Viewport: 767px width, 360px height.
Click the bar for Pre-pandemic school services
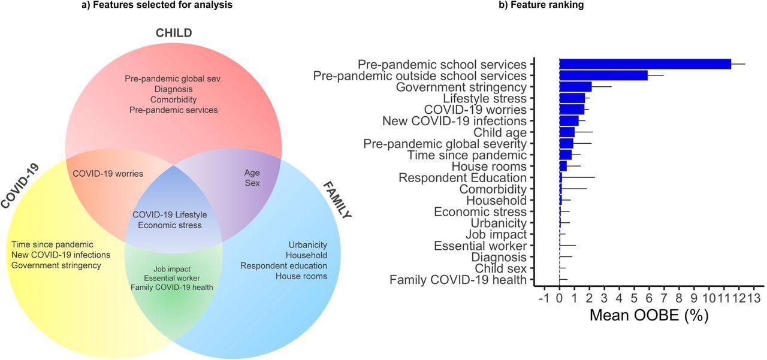coord(645,64)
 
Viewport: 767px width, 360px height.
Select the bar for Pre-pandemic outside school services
coord(603,75)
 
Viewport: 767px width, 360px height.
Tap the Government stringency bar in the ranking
coord(575,87)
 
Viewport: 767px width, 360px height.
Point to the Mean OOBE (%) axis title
coord(649,315)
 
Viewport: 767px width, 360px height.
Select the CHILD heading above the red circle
coord(174,32)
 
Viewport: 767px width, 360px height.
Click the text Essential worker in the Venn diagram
coord(172,278)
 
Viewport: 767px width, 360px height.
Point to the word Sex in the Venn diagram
coord(252,183)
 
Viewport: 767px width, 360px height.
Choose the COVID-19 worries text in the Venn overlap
coord(108,174)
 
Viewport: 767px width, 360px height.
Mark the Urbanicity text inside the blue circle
coord(307,245)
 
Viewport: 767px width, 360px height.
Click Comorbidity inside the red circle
coord(173,99)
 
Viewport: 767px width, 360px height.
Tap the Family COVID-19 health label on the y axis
coord(458,280)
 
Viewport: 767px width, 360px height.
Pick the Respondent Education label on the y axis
coord(462,177)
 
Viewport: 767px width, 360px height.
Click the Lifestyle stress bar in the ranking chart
coord(572,98)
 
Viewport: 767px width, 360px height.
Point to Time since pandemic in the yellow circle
coord(53,244)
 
